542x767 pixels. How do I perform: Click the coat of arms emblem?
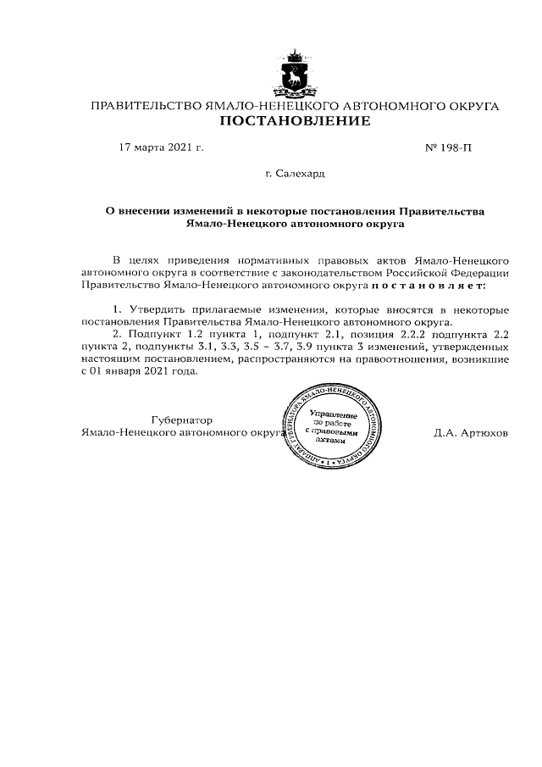(295, 75)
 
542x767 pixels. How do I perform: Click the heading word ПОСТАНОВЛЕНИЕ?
(295, 122)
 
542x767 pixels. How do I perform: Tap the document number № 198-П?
(447, 147)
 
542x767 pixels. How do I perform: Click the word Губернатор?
(182, 420)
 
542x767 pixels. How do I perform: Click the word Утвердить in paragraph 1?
(154, 311)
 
